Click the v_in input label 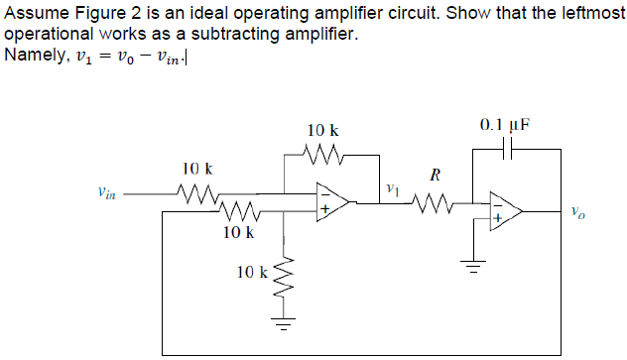[100, 195]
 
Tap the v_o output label [579, 211]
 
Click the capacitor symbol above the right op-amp [507, 150]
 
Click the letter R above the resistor [433, 177]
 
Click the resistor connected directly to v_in [197, 194]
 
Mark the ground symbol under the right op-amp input [473, 265]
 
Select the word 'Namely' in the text [34, 54]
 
